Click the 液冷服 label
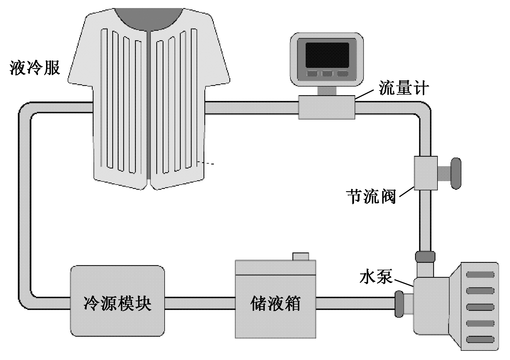(x=35, y=68)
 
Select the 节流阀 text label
(x=371, y=196)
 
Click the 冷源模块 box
(x=117, y=300)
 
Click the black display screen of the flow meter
(x=327, y=55)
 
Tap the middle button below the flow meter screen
(x=327, y=73)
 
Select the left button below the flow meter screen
(x=312, y=73)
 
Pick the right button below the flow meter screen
(x=342, y=73)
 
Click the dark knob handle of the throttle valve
(x=456, y=173)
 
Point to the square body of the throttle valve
(x=426, y=173)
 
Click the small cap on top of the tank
(x=300, y=256)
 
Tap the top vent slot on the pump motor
(x=480, y=275)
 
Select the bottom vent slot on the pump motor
(x=480, y=339)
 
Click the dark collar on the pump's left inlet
(x=399, y=304)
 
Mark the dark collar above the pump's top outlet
(x=425, y=256)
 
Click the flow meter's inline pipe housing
(x=327, y=107)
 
